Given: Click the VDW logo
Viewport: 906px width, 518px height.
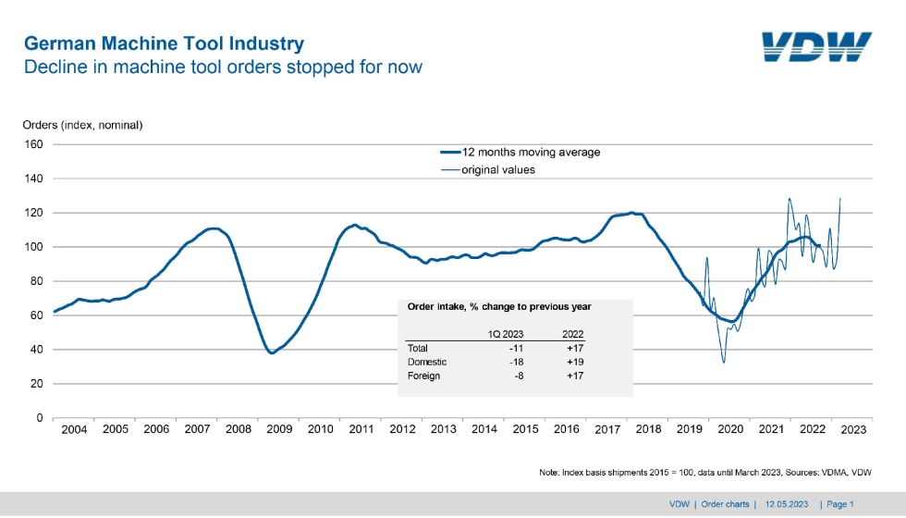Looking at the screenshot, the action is [816, 47].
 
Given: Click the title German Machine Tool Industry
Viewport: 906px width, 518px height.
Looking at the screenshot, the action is [165, 43].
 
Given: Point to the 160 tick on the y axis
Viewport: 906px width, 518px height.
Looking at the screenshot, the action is [33, 144].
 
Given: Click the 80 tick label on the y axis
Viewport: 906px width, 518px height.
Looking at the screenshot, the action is [36, 281].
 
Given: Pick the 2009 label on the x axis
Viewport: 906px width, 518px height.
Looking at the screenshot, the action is [279, 429].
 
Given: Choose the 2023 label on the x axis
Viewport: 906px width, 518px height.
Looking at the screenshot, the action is [853, 429].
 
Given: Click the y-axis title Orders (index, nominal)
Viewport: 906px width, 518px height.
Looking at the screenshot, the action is [82, 125].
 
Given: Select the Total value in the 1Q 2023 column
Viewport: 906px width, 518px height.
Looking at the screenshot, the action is [516, 349].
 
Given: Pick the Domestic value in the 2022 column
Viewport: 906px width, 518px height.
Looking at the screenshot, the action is [575, 363].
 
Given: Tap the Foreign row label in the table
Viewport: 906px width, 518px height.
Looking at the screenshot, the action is [423, 376].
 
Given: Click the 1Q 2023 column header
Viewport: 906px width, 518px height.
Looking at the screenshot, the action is [506, 334].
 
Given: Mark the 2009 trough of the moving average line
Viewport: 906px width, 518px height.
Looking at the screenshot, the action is [272, 352].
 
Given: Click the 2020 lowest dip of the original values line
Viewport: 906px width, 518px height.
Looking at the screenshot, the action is [723, 362].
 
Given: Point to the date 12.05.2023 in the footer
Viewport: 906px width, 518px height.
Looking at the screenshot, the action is [787, 505].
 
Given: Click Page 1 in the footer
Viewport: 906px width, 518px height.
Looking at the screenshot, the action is [840, 505].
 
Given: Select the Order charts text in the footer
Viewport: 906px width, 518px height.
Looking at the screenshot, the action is [725, 505].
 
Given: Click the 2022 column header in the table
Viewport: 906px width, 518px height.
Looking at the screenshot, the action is [572, 334].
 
